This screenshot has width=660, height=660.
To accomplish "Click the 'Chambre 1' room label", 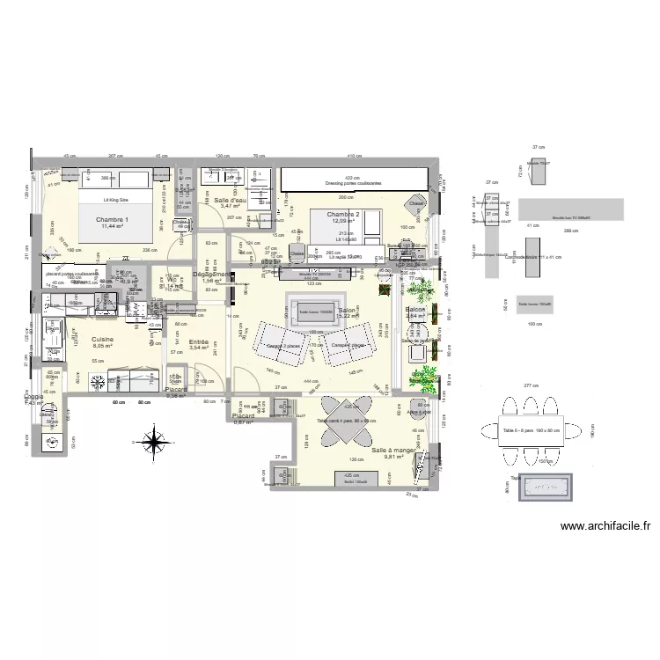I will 112,219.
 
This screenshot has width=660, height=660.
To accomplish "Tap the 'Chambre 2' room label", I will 344,214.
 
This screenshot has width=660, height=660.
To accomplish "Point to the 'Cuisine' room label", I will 103,339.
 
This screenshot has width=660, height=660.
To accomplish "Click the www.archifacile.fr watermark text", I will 606,527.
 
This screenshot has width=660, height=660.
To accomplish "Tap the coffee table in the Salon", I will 303,311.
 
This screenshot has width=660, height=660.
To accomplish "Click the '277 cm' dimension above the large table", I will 529,386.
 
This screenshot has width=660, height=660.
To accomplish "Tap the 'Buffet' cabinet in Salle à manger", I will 355,480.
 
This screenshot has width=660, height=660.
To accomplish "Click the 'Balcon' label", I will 415,310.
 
